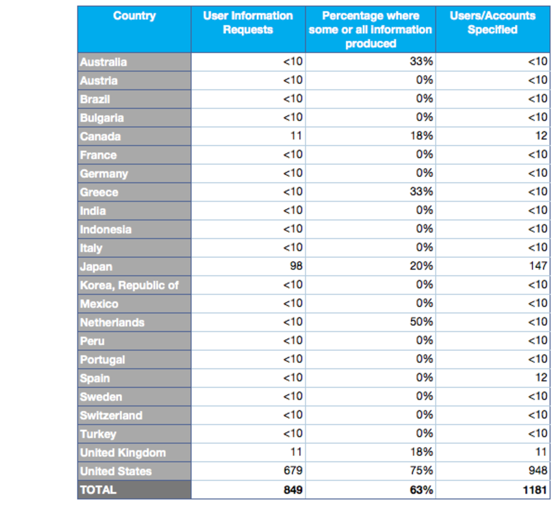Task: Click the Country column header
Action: (134, 16)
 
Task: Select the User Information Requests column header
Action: (248, 23)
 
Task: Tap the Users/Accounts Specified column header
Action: (492, 23)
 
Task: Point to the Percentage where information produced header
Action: (370, 30)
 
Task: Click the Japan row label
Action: (96, 266)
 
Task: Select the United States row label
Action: (116, 471)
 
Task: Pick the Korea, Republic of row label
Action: (129, 285)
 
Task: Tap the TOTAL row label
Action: (99, 490)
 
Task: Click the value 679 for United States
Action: (293, 471)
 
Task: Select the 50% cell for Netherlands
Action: (421, 322)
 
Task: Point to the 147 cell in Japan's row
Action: (538, 266)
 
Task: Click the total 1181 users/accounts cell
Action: (535, 490)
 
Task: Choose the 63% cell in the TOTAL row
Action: (421, 490)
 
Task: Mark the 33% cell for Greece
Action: (421, 192)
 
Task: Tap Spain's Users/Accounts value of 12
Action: (541, 378)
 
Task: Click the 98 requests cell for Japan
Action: (296, 266)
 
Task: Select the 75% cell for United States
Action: (421, 471)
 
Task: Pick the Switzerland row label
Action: (111, 415)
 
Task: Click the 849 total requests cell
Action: (293, 490)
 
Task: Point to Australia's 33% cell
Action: (421, 61)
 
